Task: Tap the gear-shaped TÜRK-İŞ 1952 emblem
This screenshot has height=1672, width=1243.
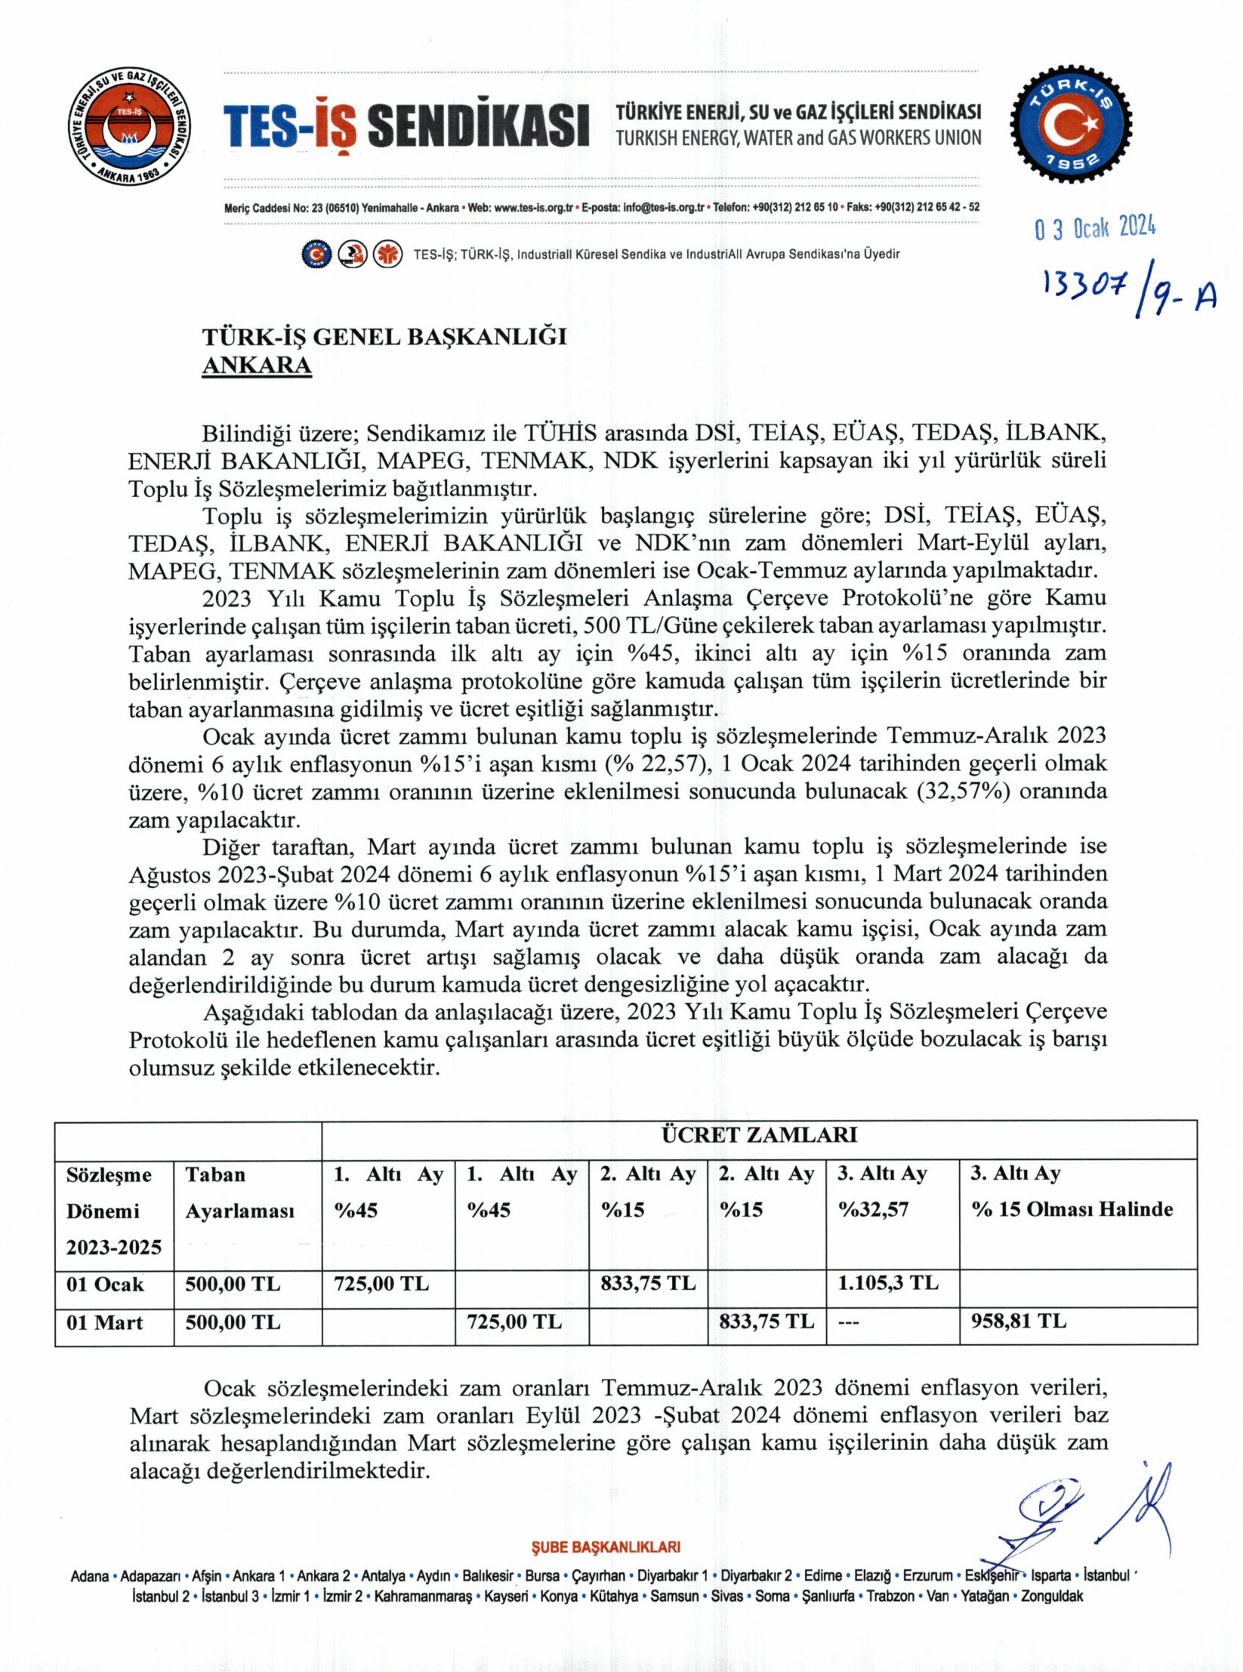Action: pyautogui.click(x=1071, y=126)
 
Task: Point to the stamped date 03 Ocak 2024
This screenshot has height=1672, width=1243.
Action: pyautogui.click(x=1094, y=227)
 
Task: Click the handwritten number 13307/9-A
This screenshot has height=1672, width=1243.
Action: pyautogui.click(x=1128, y=292)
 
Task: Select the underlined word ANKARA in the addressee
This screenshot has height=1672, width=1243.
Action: pyautogui.click(x=257, y=366)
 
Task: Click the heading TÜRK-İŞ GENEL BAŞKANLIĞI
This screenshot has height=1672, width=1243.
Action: pyautogui.click(x=384, y=337)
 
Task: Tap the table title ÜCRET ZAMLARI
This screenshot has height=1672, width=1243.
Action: pyautogui.click(x=759, y=1134)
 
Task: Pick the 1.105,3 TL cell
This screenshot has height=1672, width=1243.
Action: pyautogui.click(x=887, y=1282)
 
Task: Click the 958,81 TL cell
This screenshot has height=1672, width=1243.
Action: pyautogui.click(x=1018, y=1321)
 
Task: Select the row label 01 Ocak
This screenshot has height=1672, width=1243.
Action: pyautogui.click(x=105, y=1284)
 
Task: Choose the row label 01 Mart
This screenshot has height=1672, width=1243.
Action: pyautogui.click(x=104, y=1322)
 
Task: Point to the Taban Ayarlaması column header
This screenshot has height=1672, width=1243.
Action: pyautogui.click(x=239, y=1192)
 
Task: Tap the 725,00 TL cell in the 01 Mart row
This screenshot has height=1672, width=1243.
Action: pyautogui.click(x=514, y=1322)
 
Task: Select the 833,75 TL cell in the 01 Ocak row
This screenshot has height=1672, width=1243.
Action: pyautogui.click(x=648, y=1283)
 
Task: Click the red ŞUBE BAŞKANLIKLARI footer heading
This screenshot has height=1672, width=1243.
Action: pyautogui.click(x=606, y=1547)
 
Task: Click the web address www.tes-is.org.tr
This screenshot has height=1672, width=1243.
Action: pyautogui.click(x=534, y=207)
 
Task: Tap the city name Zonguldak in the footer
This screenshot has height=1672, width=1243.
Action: pyautogui.click(x=1052, y=1596)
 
